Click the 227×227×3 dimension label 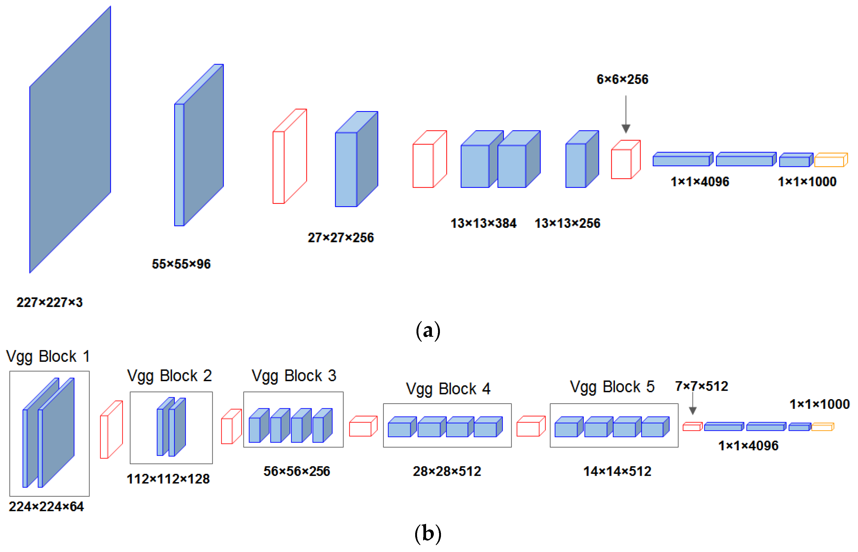49,302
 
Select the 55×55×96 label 181,264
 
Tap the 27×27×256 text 340,237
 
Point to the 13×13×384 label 483,223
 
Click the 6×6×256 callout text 622,79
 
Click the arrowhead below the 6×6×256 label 626,128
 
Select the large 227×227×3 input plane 70,140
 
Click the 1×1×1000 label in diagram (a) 807,182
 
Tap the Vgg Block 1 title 48,356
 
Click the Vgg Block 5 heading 612,387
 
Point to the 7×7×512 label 701,386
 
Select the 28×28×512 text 447,471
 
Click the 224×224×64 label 46,507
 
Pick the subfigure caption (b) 428,533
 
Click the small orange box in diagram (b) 822,427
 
